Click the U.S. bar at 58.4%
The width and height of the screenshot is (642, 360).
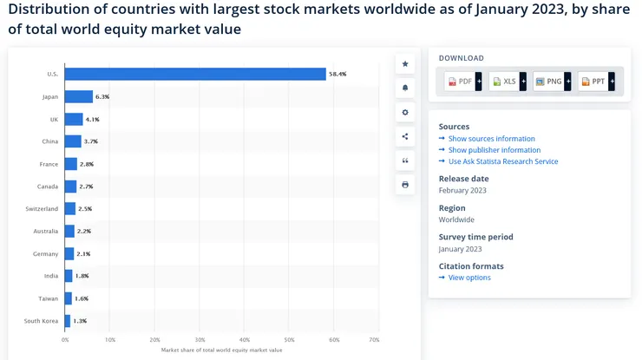[x=195, y=74]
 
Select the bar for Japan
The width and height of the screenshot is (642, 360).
[x=79, y=96]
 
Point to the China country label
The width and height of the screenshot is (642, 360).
[x=50, y=141]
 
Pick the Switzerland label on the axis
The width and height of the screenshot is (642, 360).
[x=42, y=209]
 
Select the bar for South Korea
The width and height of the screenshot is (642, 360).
[x=68, y=321]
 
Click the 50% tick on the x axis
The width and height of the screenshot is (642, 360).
[x=290, y=339]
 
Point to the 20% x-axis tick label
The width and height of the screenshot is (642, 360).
[x=154, y=339]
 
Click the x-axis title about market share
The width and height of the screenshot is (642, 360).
[x=221, y=350]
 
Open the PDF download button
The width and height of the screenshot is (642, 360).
[x=461, y=82]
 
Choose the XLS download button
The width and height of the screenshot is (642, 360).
[x=505, y=82]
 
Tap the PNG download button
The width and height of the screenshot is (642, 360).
[x=549, y=82]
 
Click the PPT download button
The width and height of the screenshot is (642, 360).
[x=594, y=82]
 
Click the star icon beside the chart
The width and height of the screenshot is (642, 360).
[x=405, y=64]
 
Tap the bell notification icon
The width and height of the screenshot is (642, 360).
[x=405, y=88]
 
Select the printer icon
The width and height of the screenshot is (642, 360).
[x=405, y=185]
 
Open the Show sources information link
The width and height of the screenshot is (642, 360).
[x=491, y=139]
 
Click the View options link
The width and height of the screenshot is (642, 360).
[x=469, y=278]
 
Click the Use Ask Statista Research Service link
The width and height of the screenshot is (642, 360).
[x=503, y=161]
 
